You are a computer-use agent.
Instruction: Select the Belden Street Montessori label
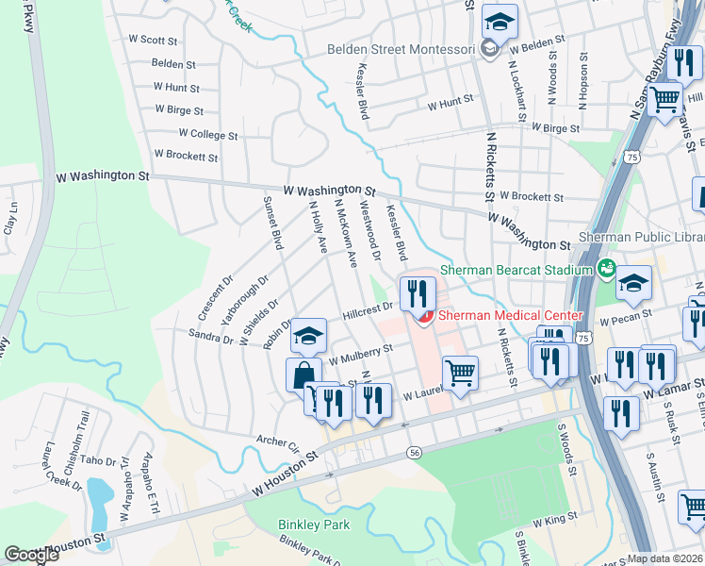pos(403,49)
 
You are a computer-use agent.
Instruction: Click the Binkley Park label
pos(314,524)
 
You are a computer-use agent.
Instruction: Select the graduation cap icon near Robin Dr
pos(308,334)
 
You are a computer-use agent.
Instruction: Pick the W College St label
pos(207,135)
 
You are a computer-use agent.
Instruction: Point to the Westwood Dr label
pos(370,231)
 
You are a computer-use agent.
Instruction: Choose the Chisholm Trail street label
pos(82,433)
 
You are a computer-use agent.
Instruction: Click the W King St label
pos(554,520)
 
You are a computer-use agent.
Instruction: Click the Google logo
pos(32,555)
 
